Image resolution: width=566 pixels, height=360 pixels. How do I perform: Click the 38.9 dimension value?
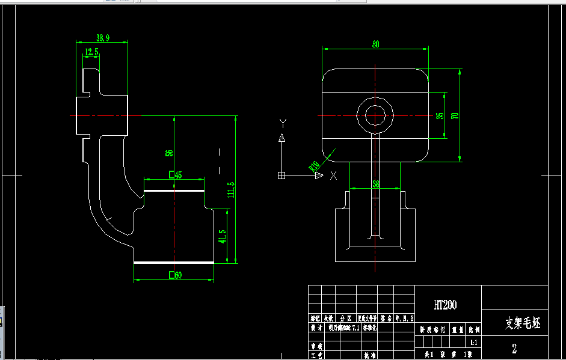pyautogui.click(x=103, y=38)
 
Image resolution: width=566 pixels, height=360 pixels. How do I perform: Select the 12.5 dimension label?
pyautogui.click(x=91, y=52)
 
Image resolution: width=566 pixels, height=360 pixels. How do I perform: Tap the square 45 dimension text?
pyautogui.click(x=176, y=175)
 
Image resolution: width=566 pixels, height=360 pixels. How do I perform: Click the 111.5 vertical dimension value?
pyautogui.click(x=231, y=191)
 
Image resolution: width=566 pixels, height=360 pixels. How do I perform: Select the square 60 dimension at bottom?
pyautogui.click(x=176, y=276)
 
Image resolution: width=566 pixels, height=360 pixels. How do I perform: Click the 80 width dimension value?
pyautogui.click(x=376, y=44)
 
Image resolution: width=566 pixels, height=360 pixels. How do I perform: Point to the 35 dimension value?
pyautogui.click(x=440, y=115)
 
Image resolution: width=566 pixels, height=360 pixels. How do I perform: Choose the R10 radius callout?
pyautogui.click(x=314, y=166)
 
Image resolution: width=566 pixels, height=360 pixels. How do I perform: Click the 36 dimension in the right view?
pyautogui.click(x=376, y=184)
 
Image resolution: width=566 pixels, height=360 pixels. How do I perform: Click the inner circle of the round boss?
pyautogui.click(x=375, y=115)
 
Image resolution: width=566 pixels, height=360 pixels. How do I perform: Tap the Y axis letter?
pyautogui.click(x=281, y=123)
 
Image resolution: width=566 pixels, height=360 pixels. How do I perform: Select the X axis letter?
pyautogui.click(x=334, y=175)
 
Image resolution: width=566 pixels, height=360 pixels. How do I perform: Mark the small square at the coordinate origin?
pyautogui.click(x=281, y=175)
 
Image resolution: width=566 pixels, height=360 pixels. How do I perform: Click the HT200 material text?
pyautogui.click(x=445, y=305)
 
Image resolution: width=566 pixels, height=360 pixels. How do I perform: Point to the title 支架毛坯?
pyautogui.click(x=522, y=325)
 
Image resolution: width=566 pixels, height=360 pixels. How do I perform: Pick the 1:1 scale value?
pyautogui.click(x=474, y=343)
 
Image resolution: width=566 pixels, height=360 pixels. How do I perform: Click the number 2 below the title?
pyautogui.click(x=514, y=349)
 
